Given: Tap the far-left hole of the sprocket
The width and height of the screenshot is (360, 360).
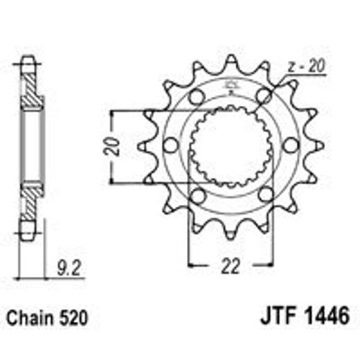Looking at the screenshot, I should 170,145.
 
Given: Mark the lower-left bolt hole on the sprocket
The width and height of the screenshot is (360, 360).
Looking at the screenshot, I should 197,195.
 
